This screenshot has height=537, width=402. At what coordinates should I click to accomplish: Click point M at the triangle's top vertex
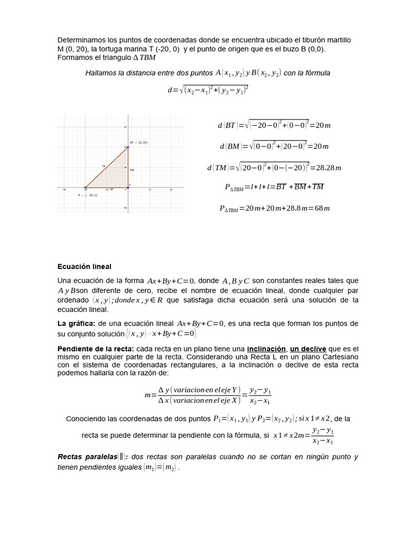tap(128, 147)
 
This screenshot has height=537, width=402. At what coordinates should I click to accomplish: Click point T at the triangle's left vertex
tap(85, 187)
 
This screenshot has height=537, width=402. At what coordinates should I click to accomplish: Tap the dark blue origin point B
tap(128, 187)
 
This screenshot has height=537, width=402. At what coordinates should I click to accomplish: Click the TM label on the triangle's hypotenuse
tap(104, 166)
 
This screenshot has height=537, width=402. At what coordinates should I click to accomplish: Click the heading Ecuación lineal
tap(84, 266)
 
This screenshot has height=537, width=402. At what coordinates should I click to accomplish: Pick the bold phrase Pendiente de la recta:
tap(96, 349)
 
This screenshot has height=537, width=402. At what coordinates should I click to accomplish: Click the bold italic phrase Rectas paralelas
tap(87, 457)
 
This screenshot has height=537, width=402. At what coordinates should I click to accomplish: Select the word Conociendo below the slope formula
tap(87, 418)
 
